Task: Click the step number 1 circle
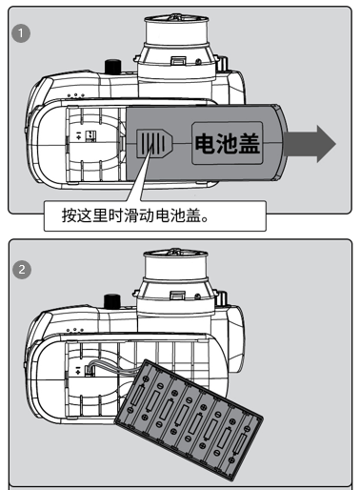coord(21,33)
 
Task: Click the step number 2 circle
coord(22,270)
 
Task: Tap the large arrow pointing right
coord(310,144)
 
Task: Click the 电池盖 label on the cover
coord(228,143)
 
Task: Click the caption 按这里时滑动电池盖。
coord(135,215)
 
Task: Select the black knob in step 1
coord(113,67)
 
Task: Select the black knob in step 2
coord(112,301)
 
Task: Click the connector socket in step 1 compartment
coord(90,135)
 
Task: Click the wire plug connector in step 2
coord(89,371)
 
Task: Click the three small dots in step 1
coord(76,95)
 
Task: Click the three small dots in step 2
coord(75,331)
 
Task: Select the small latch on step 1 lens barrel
coord(178,61)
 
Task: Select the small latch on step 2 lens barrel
coord(176,296)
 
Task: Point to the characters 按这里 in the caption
coord(85,215)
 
